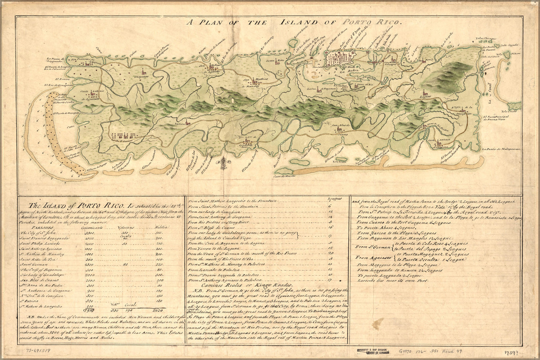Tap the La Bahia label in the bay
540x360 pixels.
(x=343, y=76)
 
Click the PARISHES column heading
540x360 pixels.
(x=42, y=228)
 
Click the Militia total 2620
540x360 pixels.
(x=157, y=309)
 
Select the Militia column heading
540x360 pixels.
(x=158, y=228)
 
